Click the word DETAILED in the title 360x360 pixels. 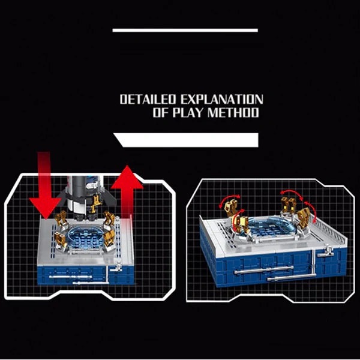pos(148,99)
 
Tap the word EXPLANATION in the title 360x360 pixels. pos(222,99)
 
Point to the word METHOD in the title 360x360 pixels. pos(233,113)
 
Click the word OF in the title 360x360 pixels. pos(161,113)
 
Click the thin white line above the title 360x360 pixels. pos(185,31)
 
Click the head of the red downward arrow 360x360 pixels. pos(45,208)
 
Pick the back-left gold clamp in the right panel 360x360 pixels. pos(232,208)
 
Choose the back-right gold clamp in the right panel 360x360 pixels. pos(289,205)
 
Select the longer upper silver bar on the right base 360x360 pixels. pos(263,270)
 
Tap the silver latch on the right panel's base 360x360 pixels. pos(326,251)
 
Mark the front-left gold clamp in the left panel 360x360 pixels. pos(60,240)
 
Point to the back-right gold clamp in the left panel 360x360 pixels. pos(109,218)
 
